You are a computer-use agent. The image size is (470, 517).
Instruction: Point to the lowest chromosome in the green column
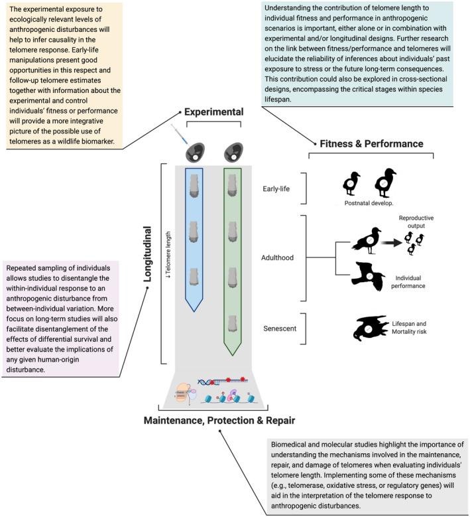(232, 323)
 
